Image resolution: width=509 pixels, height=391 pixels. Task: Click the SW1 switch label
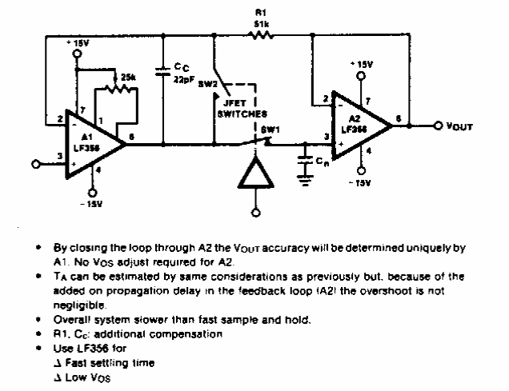273,127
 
